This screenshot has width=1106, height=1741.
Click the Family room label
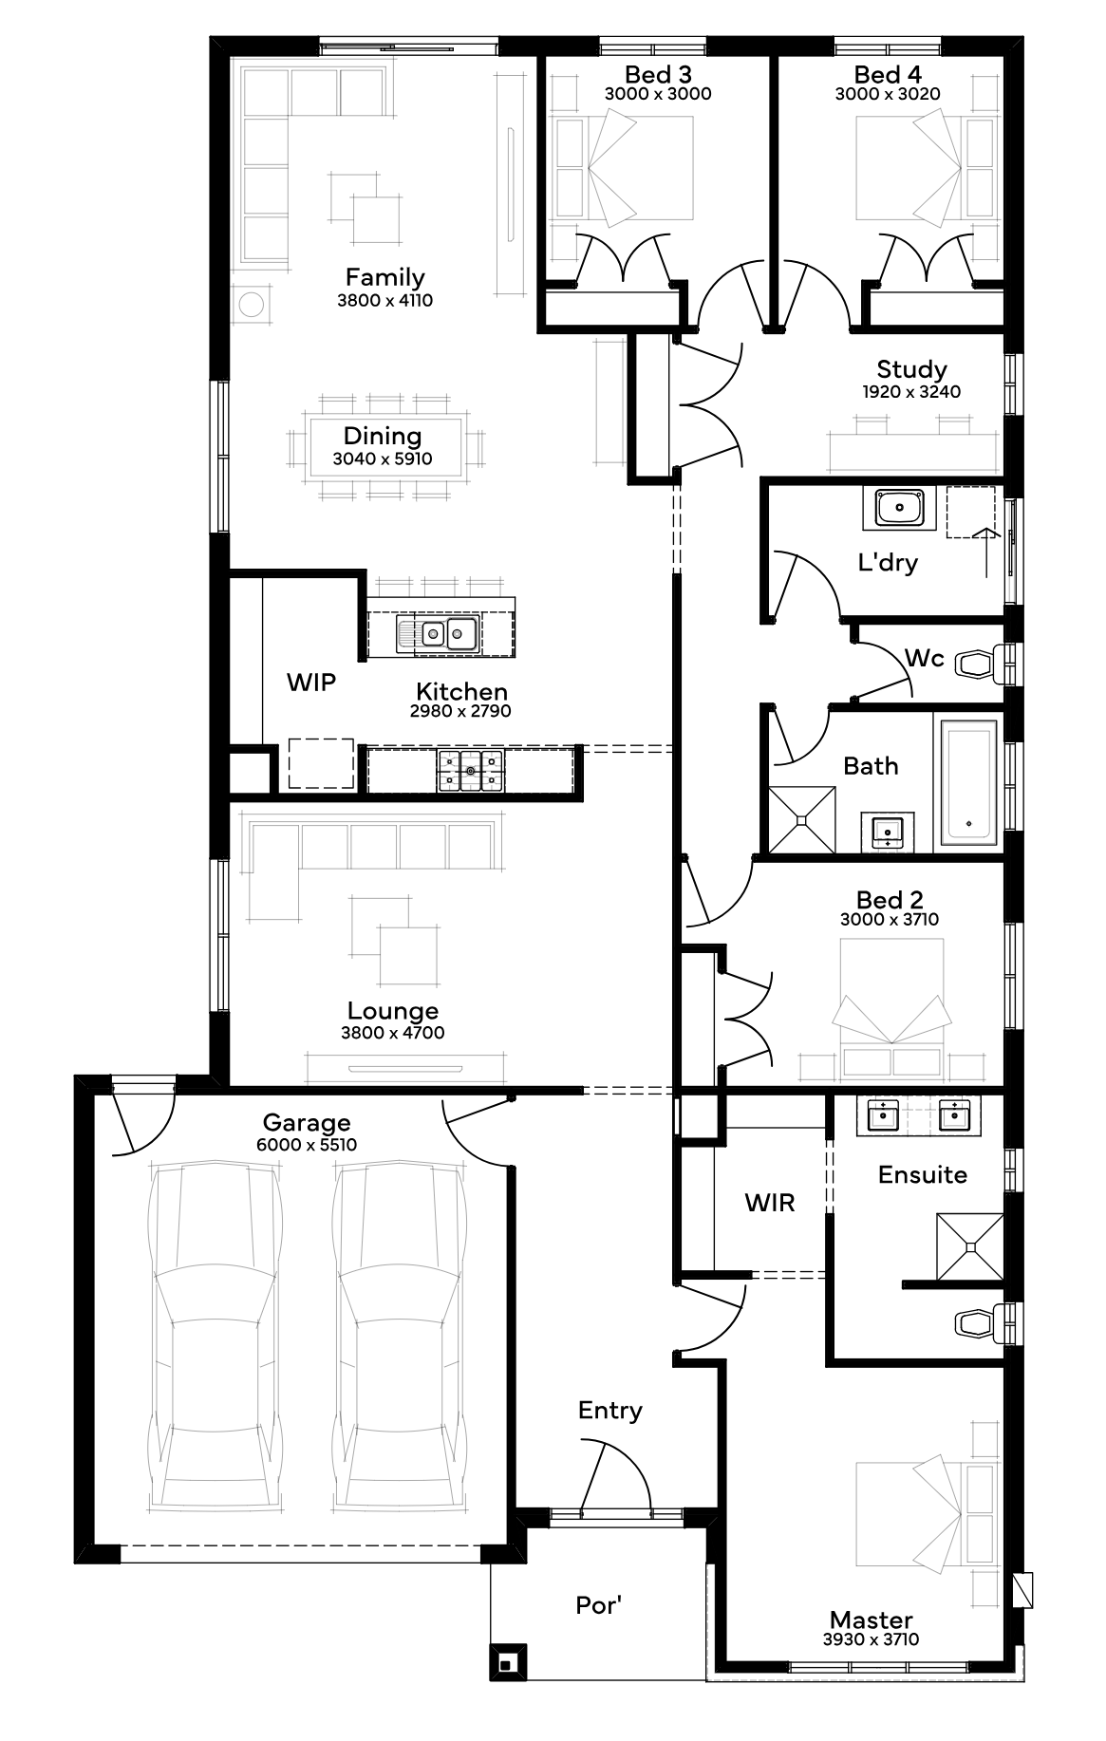384,277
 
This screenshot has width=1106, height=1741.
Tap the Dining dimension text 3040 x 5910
383,459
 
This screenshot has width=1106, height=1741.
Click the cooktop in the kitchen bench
470,771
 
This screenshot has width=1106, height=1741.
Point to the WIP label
311,682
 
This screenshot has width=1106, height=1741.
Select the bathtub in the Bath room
969,782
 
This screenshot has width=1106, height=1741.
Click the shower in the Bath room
802,819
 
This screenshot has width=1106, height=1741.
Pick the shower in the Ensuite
970,1245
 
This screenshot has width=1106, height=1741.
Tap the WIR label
770,1203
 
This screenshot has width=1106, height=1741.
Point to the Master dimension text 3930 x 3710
872,1638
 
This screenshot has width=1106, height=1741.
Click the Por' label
599,1604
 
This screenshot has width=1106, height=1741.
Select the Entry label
610,1411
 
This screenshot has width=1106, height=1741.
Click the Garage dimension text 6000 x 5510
307,1145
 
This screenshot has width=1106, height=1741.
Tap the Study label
911,369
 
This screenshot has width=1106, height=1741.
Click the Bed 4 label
888,74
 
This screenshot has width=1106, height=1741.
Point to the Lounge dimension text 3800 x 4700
393,1033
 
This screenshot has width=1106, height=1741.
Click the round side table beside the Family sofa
252,305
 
